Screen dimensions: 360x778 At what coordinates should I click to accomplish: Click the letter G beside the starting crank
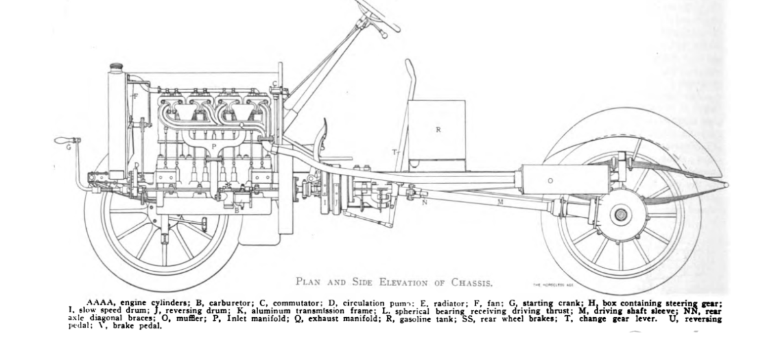68,147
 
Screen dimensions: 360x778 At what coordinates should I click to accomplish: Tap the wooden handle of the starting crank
63,140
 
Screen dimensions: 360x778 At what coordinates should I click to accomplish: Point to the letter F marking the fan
134,96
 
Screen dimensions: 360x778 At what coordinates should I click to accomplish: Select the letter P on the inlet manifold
213,147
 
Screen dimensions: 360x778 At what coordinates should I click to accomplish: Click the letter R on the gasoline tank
438,130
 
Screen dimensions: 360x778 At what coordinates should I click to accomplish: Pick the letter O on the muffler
550,181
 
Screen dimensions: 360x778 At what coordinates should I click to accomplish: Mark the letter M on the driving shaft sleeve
501,203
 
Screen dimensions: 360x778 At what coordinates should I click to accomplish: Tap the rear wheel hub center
620,215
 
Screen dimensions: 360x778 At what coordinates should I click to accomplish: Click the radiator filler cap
117,67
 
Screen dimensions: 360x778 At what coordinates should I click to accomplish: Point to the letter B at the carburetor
237,210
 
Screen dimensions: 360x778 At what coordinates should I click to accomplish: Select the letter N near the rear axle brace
425,202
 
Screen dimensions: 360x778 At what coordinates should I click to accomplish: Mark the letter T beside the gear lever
393,152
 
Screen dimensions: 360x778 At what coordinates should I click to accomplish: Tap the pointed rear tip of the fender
726,186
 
